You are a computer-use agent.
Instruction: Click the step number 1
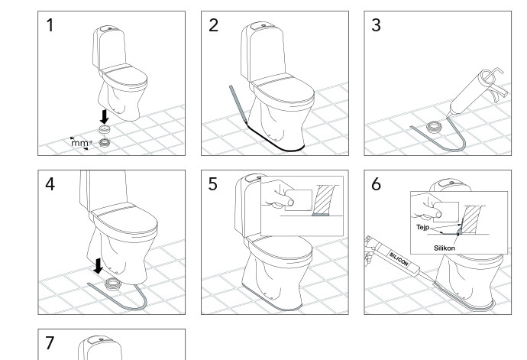[x=50, y=25]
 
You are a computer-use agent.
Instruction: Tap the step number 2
[x=213, y=25]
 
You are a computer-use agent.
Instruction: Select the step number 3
[x=376, y=25]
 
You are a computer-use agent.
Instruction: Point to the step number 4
[x=50, y=184]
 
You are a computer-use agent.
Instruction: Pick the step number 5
[x=213, y=184]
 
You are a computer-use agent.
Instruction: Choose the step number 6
[x=376, y=184]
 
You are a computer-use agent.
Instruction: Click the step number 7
[x=50, y=343]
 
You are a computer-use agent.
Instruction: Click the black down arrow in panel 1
[x=105, y=116]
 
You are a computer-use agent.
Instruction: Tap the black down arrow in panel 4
[x=98, y=266]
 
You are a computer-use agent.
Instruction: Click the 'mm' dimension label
[x=80, y=143]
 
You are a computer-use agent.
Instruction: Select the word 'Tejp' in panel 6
[x=423, y=228]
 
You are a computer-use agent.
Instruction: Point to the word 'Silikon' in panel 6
[x=445, y=248]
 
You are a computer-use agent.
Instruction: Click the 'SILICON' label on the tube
[x=399, y=258]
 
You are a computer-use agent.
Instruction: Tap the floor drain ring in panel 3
[x=433, y=128]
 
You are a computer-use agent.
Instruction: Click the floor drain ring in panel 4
[x=112, y=284]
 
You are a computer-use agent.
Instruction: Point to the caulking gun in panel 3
[x=477, y=92]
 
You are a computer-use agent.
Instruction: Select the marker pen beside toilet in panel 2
[x=238, y=105]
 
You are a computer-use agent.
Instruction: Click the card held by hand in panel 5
[x=299, y=200]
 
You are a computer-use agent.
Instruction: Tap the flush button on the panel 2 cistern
[x=263, y=25]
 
